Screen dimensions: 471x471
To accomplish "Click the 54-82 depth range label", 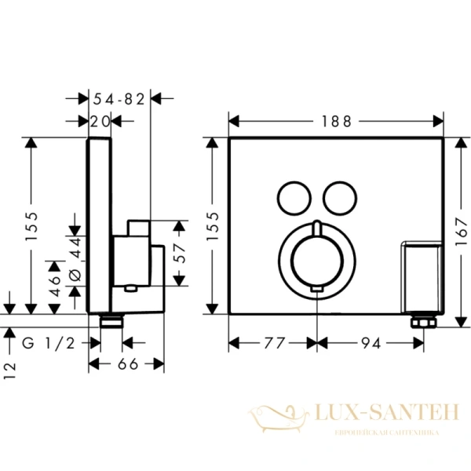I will [x=119, y=98].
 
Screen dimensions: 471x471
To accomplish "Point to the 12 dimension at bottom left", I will [x=10, y=371].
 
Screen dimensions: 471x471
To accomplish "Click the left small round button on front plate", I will [x=293, y=195].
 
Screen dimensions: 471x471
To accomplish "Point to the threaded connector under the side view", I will [x=111, y=320].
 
